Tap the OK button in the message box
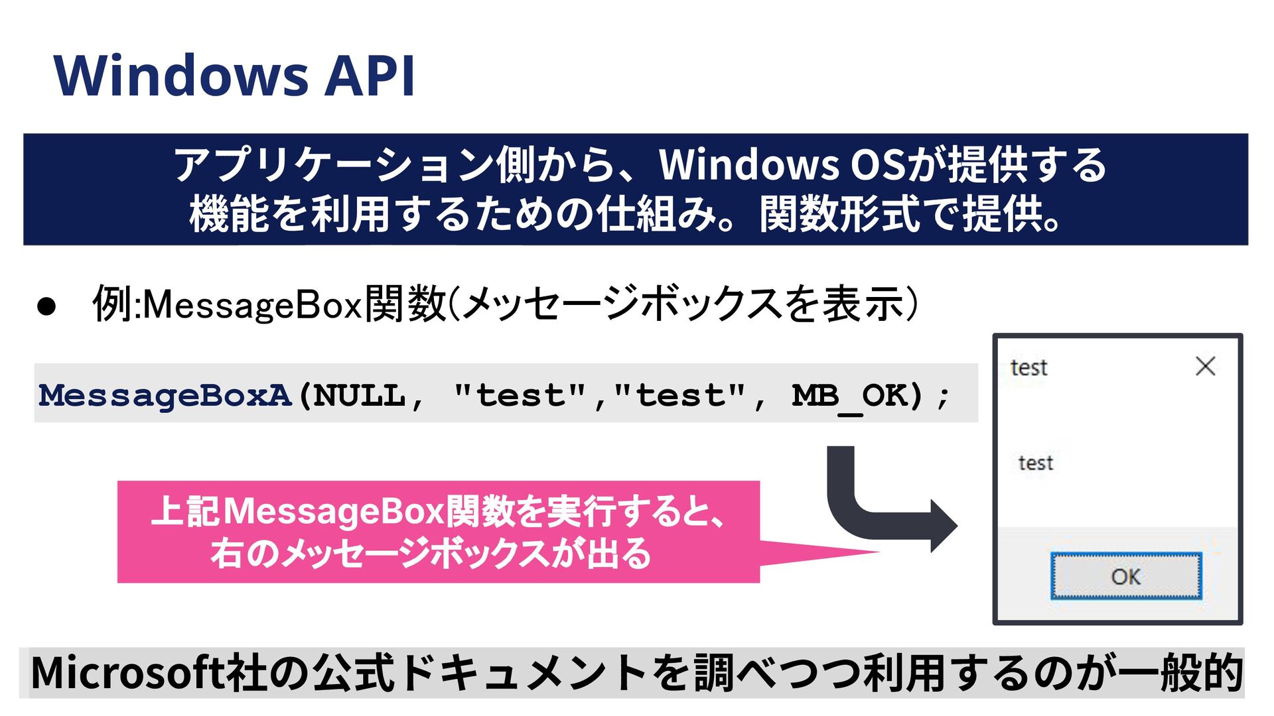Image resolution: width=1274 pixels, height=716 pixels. pyautogui.click(x=1126, y=576)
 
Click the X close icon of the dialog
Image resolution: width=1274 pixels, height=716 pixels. pyautogui.click(x=1205, y=366)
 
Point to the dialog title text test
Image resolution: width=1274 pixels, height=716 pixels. pyautogui.click(x=1028, y=367)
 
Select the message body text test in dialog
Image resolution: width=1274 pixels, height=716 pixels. pyautogui.click(x=1036, y=463)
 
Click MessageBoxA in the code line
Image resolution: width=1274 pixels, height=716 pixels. pyautogui.click(x=165, y=396)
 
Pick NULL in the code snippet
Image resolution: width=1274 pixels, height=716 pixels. pyautogui.click(x=359, y=396)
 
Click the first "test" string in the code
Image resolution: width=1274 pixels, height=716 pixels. pyautogui.click(x=521, y=396)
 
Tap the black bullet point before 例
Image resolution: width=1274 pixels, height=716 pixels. pyautogui.click(x=46, y=306)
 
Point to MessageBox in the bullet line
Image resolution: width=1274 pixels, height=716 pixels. pyautogui.click(x=253, y=306)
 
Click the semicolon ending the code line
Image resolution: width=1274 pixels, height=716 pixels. pyautogui.click(x=943, y=397)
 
